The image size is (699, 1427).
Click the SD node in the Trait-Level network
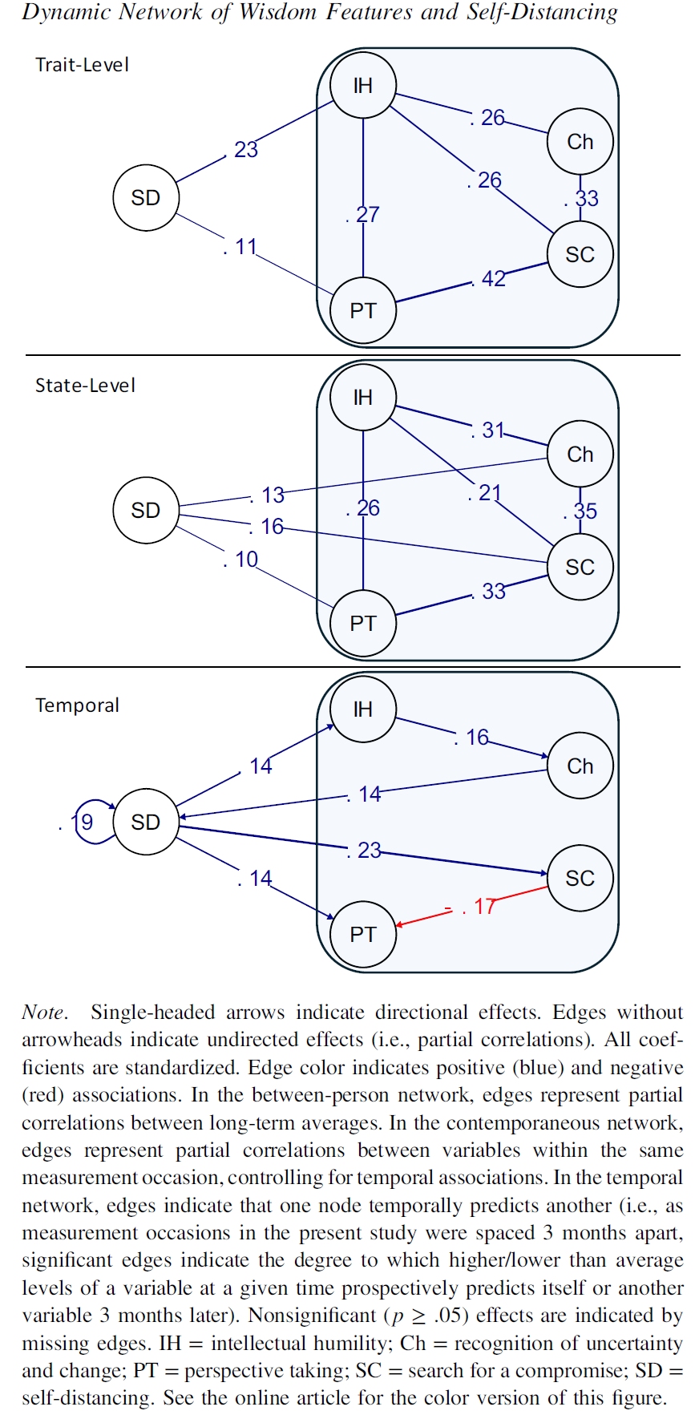coord(145,198)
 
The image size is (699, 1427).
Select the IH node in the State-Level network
coord(363,398)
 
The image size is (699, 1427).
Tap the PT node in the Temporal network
coord(363,934)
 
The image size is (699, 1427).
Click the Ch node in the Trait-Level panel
coord(580,142)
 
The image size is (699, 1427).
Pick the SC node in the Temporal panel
coord(580,878)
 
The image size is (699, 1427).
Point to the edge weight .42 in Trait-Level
coord(489,279)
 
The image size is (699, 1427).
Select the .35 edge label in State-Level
coord(581,511)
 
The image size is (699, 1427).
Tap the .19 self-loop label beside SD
coord(78,823)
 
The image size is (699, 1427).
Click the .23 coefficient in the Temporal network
coord(365,851)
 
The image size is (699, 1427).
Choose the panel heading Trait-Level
coord(82,65)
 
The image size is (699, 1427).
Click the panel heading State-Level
coord(85,386)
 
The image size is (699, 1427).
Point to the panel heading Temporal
coord(77,705)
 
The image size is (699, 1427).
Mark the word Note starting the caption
coord(43,1013)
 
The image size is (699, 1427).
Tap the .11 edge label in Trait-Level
coord(240,247)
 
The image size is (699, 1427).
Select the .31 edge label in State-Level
coord(488,431)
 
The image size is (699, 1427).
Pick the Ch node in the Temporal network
coord(580,766)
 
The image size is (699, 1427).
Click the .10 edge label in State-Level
coord(241,560)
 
